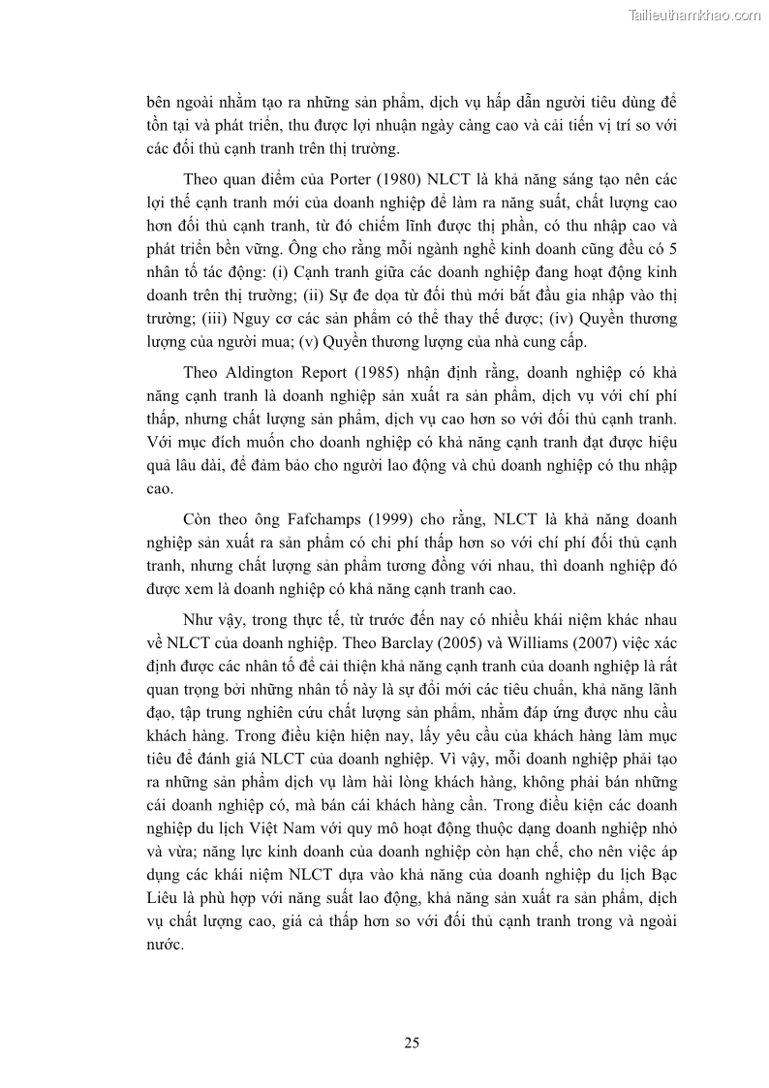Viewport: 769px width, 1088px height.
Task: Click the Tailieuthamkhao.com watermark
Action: click(x=694, y=15)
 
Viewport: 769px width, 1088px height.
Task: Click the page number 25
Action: click(x=412, y=1042)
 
